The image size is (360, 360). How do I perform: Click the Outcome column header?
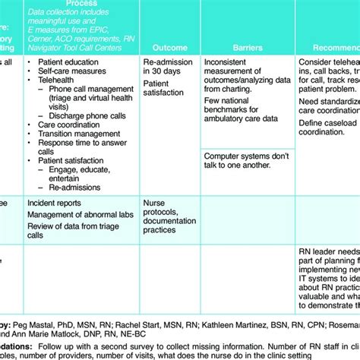point(169,46)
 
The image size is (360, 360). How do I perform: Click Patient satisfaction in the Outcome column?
point(163,87)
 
